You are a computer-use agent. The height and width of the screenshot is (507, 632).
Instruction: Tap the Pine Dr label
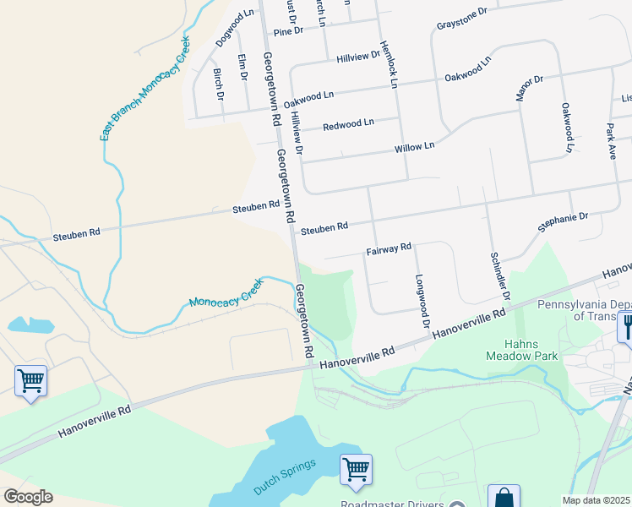click(x=288, y=31)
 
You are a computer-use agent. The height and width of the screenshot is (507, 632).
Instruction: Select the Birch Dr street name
click(x=219, y=84)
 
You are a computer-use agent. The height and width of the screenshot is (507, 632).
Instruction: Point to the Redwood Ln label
click(x=348, y=124)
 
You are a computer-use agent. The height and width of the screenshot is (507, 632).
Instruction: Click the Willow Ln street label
click(x=414, y=147)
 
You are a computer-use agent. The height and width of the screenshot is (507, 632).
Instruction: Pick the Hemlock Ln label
click(x=389, y=65)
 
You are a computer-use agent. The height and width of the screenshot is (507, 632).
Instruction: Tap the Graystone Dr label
click(x=462, y=19)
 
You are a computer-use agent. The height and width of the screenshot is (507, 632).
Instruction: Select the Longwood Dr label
click(x=421, y=300)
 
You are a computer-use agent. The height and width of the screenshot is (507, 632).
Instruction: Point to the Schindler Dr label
click(x=500, y=275)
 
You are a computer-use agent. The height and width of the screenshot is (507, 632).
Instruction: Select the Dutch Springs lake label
click(x=284, y=477)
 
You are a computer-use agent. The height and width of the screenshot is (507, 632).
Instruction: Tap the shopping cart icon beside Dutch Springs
click(x=356, y=469)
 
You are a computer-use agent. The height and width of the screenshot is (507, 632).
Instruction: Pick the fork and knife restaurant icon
click(x=626, y=325)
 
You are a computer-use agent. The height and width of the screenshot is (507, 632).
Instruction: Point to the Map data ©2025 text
click(x=596, y=500)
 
